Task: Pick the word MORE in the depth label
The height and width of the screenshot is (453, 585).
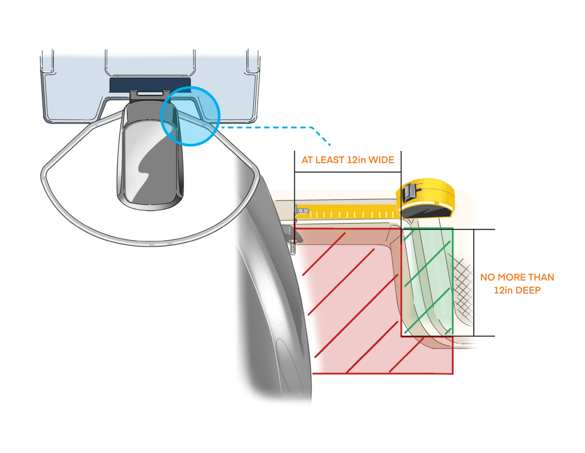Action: pyautogui.click(x=512, y=278)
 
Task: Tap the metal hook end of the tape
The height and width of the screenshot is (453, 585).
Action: pyautogui.click(x=300, y=211)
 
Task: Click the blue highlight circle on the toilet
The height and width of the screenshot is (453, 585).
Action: pyautogui.click(x=190, y=116)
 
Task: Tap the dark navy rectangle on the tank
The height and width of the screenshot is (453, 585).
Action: pyautogui.click(x=150, y=84)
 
